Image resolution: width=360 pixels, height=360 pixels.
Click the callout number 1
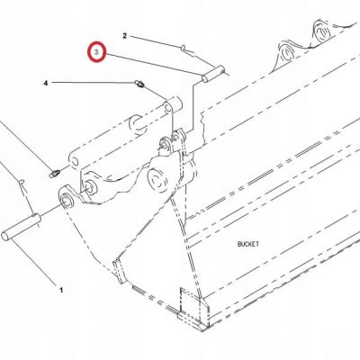pos(61,290)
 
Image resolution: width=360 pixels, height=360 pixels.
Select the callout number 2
pos(125,36)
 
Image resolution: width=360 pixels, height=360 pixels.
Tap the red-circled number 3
pos(96,52)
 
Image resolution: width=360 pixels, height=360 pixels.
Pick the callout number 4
pos(46,83)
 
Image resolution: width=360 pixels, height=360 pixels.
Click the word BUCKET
pos(248,244)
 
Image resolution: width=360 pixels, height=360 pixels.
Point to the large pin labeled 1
pos(21,227)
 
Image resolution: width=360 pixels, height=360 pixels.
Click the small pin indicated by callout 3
pos(213,74)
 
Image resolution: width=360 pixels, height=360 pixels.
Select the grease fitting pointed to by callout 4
pos(139,84)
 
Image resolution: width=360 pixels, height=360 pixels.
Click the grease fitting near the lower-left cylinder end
pos(54,174)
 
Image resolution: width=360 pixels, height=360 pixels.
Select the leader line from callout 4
pos(93,82)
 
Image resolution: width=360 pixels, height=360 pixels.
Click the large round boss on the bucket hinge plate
pos(157,180)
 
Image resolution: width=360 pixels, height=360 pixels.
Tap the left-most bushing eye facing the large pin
pos(66,198)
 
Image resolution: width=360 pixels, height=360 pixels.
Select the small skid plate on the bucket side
pos(118,272)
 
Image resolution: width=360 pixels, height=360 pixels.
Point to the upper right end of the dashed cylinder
pos(174,104)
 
